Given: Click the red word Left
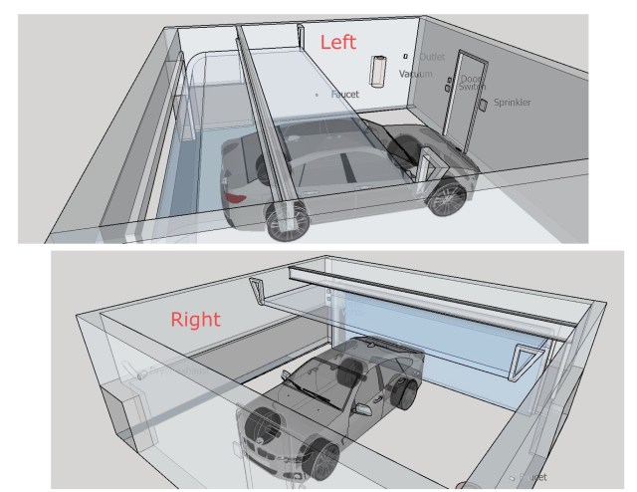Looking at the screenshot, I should point(338,42).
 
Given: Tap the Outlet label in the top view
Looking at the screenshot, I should point(432,59).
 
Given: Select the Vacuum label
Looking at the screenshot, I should point(417,75).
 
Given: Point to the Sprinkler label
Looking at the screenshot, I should point(513,103).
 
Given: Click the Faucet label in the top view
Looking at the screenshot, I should point(344,94).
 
